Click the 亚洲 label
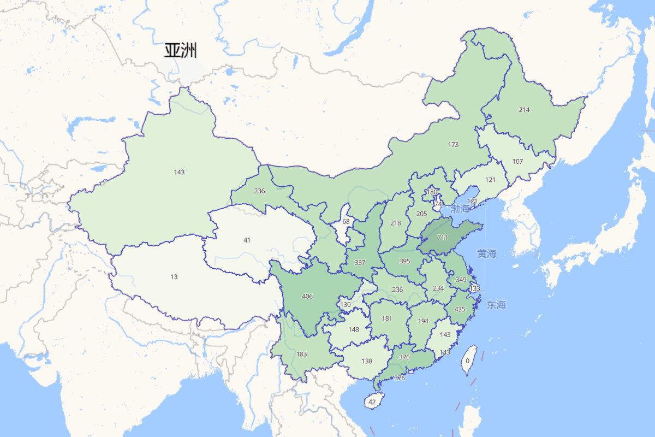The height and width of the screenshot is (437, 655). click(x=180, y=51)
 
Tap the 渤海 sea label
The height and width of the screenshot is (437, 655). click(x=460, y=209)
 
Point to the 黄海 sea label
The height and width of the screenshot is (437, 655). click(x=486, y=253)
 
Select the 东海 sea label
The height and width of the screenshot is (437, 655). click(x=496, y=305)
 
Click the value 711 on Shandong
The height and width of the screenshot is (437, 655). click(x=442, y=238)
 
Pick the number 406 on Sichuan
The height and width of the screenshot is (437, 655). click(x=307, y=297)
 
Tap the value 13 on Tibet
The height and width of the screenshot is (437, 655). click(x=174, y=277)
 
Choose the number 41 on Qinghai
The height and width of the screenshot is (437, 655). click(x=247, y=240)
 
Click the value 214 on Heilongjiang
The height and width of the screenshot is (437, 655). click(x=524, y=110)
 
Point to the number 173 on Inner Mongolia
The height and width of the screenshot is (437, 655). click(x=453, y=145)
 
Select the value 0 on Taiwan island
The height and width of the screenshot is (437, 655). click(x=468, y=361)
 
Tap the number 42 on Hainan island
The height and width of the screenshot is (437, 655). click(x=372, y=402)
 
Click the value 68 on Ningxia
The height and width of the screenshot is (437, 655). click(x=346, y=222)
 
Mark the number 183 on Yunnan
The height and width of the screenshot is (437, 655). click(x=301, y=355)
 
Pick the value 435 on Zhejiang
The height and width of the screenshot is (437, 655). click(x=460, y=310)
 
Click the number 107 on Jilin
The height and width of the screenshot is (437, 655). click(x=517, y=162)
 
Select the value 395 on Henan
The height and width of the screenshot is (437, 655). click(x=404, y=262)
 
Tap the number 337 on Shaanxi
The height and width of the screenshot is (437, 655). click(x=360, y=263)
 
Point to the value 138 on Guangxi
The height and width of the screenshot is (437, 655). click(x=367, y=361)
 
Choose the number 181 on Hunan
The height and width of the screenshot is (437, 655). click(x=386, y=318)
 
